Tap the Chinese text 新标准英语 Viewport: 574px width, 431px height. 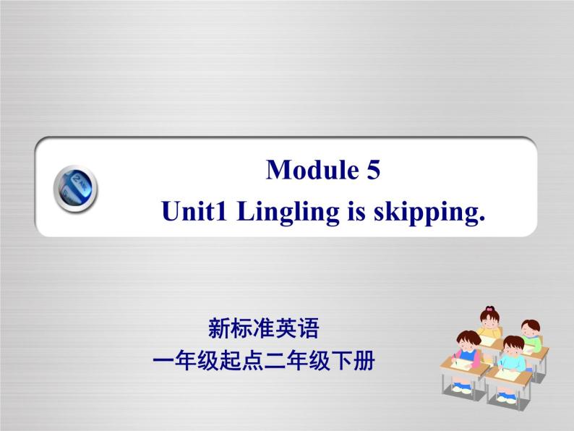pos(263,330)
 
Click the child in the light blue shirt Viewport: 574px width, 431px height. pos(513,355)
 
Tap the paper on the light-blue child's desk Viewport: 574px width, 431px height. pos(506,375)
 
